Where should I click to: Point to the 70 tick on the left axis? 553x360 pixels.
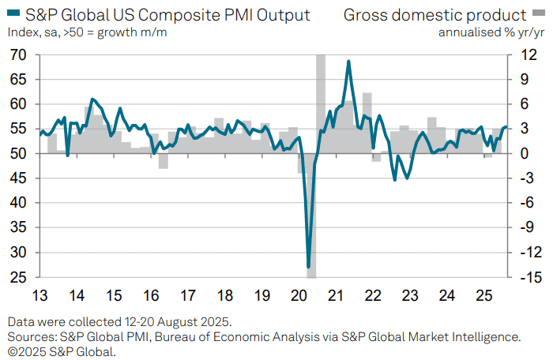pos(18,54)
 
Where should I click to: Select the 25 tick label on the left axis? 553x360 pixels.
pos(18,277)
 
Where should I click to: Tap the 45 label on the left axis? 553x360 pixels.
pos(18,178)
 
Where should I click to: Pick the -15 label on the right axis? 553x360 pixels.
pos(531,277)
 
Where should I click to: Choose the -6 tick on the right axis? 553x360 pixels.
pos(529,203)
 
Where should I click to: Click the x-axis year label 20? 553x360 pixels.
pos(299,295)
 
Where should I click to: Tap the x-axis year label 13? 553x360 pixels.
pos(39,295)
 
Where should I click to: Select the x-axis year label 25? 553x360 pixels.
pos(483,295)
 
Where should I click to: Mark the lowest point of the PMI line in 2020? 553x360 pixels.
pos(309,267)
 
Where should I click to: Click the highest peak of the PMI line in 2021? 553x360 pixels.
pos(348,62)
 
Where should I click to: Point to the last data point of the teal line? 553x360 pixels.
pos(506,127)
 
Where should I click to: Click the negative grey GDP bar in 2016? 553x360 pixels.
pos(164,161)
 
